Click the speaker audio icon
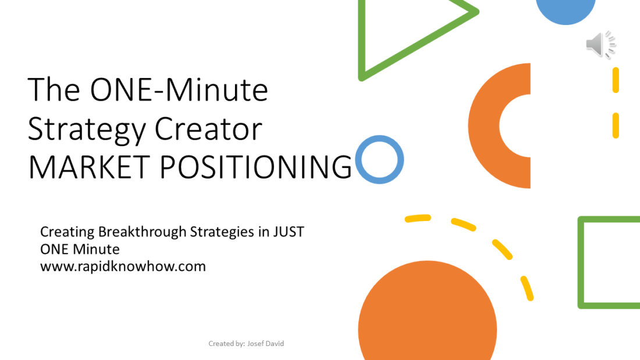(599, 45)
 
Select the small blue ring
(379, 159)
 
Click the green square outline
(582, 262)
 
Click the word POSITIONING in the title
(256, 167)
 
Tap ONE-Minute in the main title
(179, 90)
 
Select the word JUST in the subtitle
(288, 232)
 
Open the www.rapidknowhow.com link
(123, 267)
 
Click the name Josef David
(266, 344)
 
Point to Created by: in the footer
(226, 344)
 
